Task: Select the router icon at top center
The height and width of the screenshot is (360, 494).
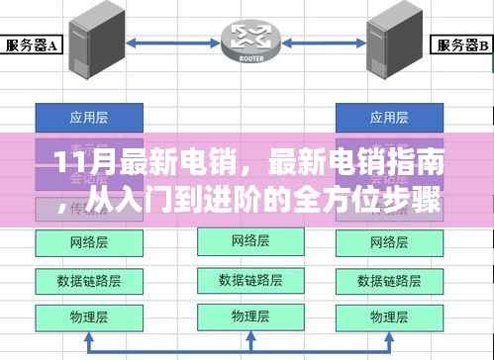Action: [248, 38]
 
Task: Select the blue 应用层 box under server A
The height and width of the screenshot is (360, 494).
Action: [81, 116]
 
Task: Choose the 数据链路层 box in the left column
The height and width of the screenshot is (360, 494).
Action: [81, 278]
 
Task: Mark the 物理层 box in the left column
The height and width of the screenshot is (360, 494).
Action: [81, 317]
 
